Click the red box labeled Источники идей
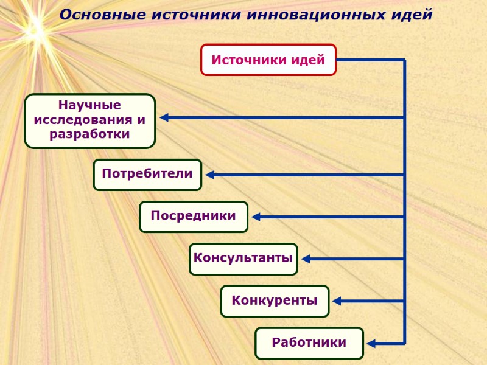(x=268, y=60)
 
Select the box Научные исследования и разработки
(x=90, y=120)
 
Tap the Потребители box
(x=147, y=175)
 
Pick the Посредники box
(x=194, y=217)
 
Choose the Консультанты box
(x=243, y=259)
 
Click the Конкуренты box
(x=275, y=301)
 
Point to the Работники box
(x=309, y=342)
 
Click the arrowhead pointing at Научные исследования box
(x=164, y=117)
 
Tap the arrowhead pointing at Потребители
(x=210, y=175)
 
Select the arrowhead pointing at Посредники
(x=256, y=217)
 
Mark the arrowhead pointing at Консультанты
(x=306, y=259)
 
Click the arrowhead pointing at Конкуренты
(x=337, y=301)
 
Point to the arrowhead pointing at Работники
(x=371, y=343)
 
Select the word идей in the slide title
(x=411, y=15)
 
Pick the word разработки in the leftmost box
(x=90, y=134)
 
